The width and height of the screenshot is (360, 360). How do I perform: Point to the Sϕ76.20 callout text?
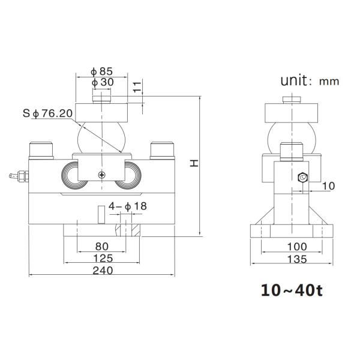(x=47, y=113)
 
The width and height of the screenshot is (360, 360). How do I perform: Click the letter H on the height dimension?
(x=193, y=163)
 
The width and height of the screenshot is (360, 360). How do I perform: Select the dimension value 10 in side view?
(x=328, y=186)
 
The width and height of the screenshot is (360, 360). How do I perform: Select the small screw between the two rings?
(x=103, y=174)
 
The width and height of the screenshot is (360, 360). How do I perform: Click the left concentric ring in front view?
(x=74, y=175)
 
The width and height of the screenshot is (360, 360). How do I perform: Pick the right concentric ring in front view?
(x=130, y=175)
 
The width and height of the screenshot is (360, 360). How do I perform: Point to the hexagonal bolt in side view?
(x=302, y=178)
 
